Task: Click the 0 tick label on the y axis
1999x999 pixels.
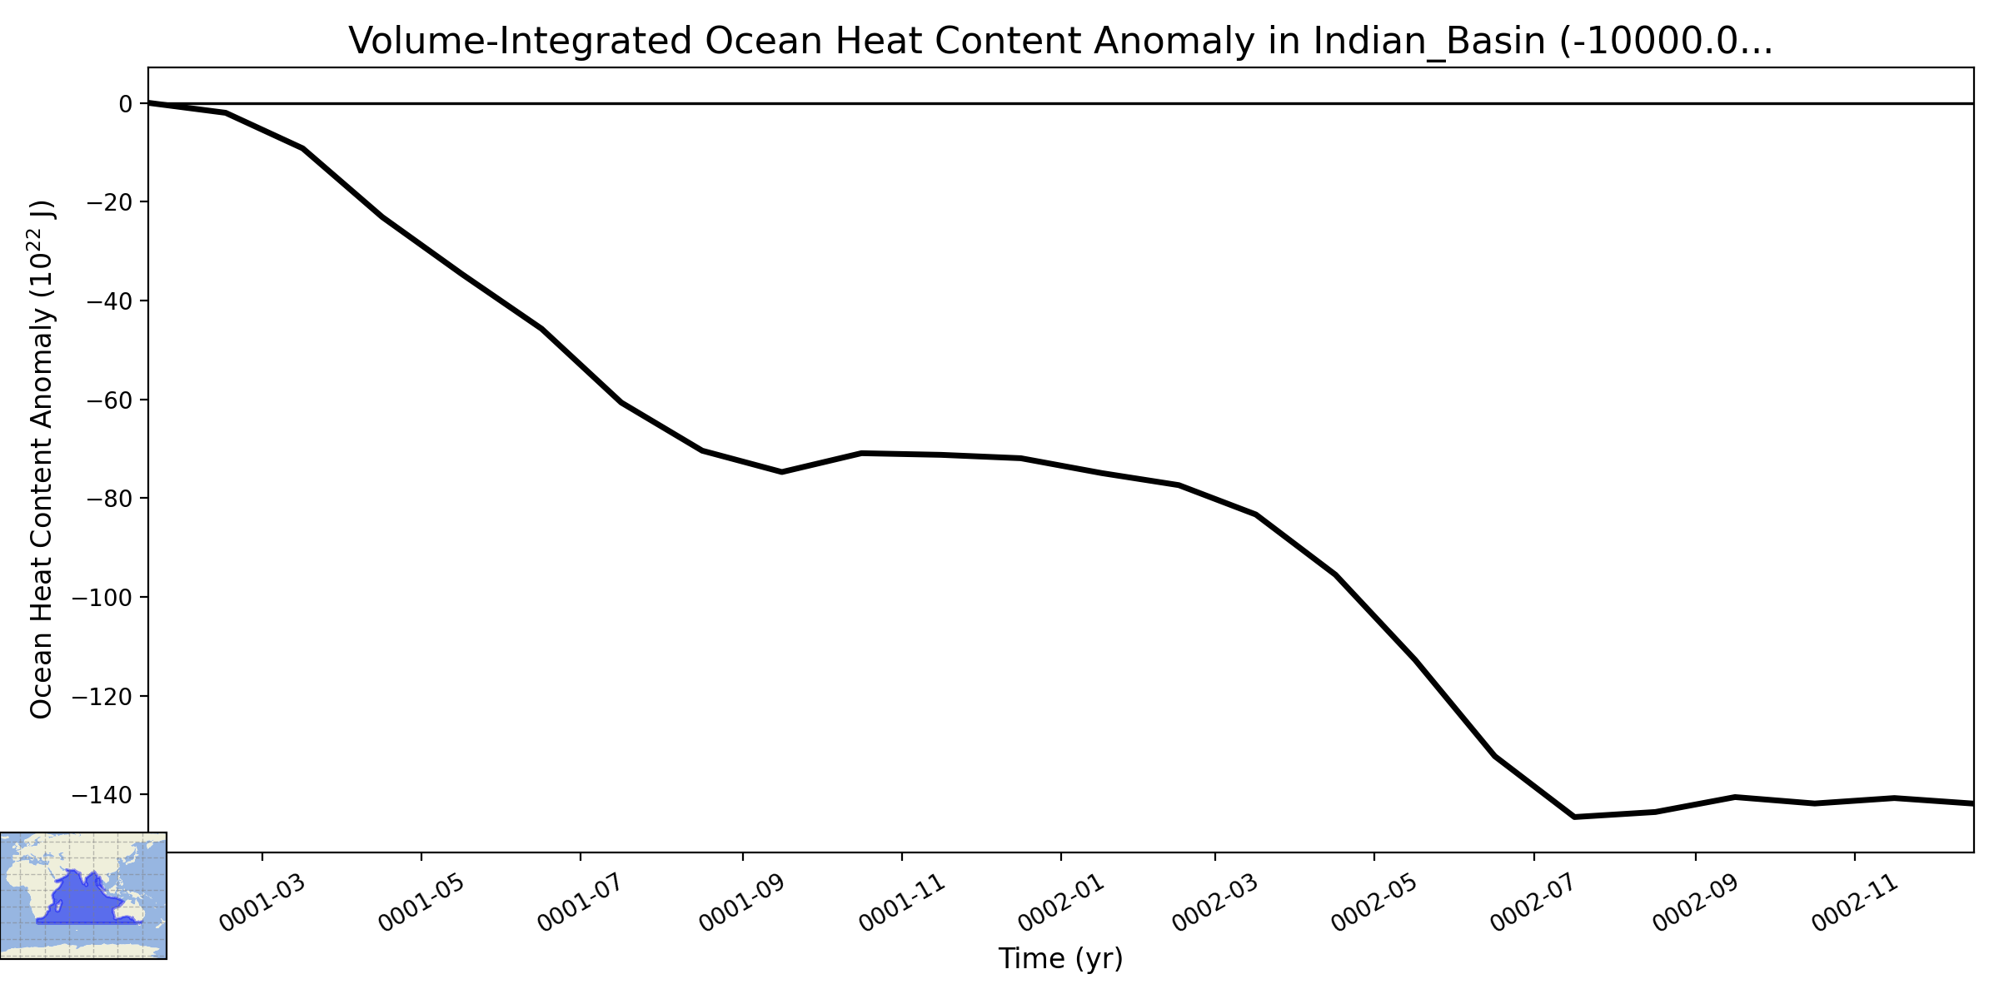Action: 126,103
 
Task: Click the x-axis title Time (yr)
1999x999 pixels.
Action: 1061,959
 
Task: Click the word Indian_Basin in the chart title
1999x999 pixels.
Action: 1429,41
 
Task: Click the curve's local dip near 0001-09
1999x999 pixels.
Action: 780,472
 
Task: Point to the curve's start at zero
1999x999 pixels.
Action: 149,103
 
